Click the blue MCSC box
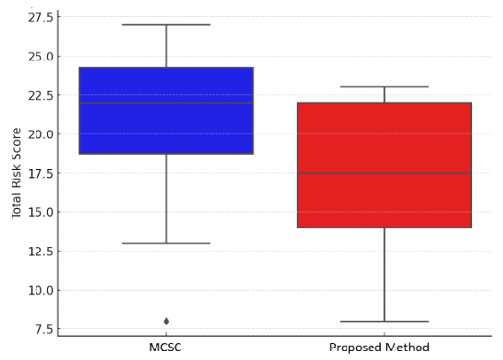coord(166,125)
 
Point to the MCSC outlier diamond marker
coord(166,321)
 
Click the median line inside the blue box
coord(166,103)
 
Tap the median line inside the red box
coord(384,173)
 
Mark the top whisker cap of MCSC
coord(166,25)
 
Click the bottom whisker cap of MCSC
coord(166,243)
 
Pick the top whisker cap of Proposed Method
coord(384,87)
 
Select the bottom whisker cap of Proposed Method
coord(384,321)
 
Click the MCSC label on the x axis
coord(166,347)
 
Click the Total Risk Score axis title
coord(17,173)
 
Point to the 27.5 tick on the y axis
coord(38,17)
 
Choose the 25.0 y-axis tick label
coord(38,56)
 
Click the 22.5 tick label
coord(38,95)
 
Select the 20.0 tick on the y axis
coord(38,133)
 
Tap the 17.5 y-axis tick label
coord(38,173)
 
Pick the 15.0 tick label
coord(38,212)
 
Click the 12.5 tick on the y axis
coord(38,251)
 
